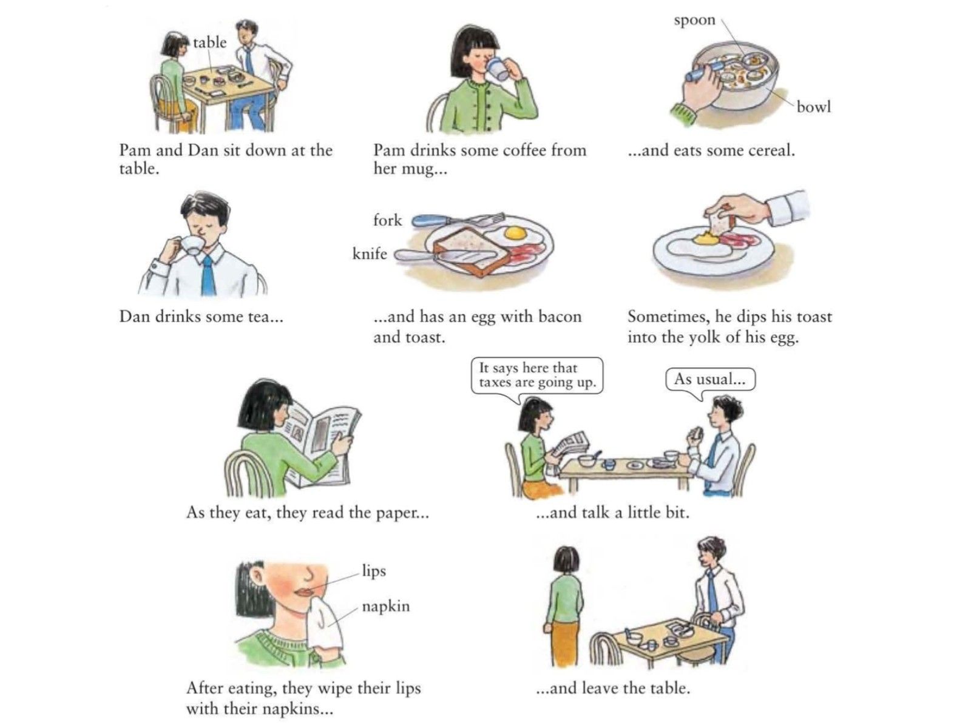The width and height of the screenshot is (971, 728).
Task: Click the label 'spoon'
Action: tap(694, 21)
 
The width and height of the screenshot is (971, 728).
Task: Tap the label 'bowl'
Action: tap(814, 107)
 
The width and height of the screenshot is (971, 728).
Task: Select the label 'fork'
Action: tap(388, 220)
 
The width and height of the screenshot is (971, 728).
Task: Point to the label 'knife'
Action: tap(370, 253)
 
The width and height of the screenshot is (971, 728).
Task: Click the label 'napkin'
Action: tap(386, 606)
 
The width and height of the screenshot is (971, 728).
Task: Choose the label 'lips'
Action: tap(374, 571)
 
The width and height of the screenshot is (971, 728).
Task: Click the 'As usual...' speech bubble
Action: tap(711, 379)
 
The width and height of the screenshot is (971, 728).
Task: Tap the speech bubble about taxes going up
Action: tap(537, 376)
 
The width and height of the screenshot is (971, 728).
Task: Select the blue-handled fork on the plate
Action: tap(458, 219)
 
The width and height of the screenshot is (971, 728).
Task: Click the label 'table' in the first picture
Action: tap(210, 42)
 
